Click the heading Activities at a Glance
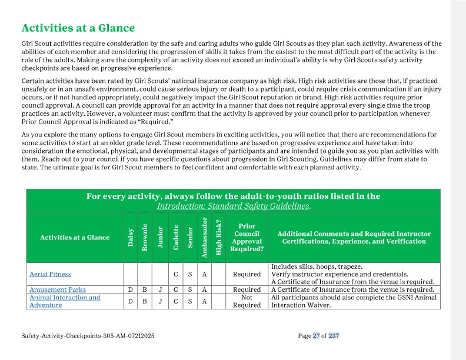coord(78,28)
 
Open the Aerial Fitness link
coord(50,274)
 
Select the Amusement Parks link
coord(58,289)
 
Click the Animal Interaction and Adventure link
coord(65,301)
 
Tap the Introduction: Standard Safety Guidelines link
coord(233,206)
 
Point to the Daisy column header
coord(130,237)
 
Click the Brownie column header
coord(145,237)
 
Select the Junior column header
coord(160,237)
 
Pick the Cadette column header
coord(175,237)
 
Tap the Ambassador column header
coord(204,237)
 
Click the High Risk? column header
coord(219,237)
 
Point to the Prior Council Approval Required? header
coord(247,237)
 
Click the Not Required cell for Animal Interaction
coord(247,301)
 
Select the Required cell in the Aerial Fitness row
coord(247,274)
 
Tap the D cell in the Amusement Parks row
coord(130,289)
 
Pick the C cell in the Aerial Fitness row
coord(175,274)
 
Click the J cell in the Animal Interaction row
coord(160,301)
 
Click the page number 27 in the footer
coord(316,336)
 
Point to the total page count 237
coord(334,336)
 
